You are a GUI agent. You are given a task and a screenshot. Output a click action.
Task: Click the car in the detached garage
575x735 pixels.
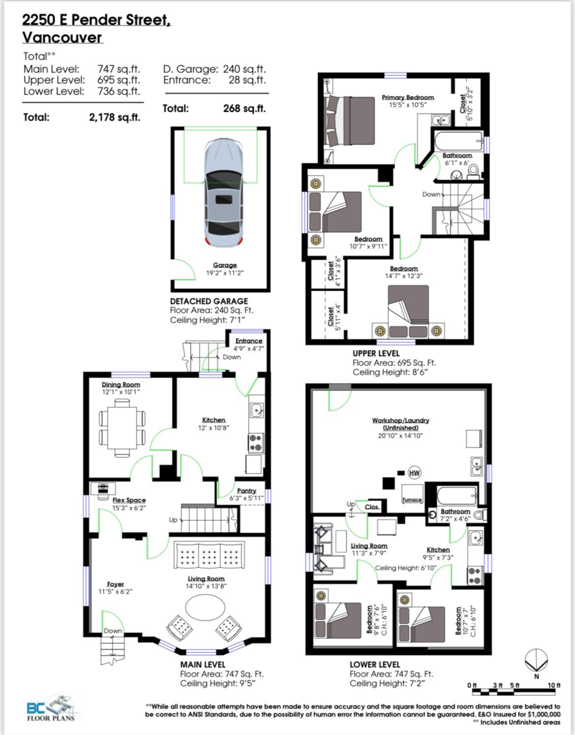pyautogui.click(x=224, y=193)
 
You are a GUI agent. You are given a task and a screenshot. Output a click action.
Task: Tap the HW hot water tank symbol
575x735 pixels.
pyautogui.click(x=414, y=472)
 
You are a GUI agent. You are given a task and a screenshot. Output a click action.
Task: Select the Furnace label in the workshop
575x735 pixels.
pyautogui.click(x=412, y=500)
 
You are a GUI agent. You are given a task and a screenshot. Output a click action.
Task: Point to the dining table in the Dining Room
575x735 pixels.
pyautogui.click(x=122, y=428)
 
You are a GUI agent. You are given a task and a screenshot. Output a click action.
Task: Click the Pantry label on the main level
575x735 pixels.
pyautogui.click(x=247, y=491)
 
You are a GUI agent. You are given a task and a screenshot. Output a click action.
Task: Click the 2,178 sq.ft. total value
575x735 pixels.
pyautogui.click(x=115, y=118)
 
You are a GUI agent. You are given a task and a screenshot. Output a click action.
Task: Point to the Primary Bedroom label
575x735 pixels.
pyautogui.click(x=408, y=97)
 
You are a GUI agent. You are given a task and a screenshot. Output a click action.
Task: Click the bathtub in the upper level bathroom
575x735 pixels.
pyautogui.click(x=459, y=142)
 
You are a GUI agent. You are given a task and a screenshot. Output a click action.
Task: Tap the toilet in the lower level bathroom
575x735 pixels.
pyautogui.click(x=480, y=515)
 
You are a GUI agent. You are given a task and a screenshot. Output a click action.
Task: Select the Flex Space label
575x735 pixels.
pyautogui.click(x=129, y=500)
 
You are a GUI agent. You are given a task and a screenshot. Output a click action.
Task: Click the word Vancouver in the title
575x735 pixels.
pyautogui.click(x=62, y=37)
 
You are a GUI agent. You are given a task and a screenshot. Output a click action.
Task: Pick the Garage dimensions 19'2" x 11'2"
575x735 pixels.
pyautogui.click(x=225, y=273)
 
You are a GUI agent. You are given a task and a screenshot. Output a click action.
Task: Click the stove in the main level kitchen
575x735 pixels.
pyautogui.click(x=256, y=443)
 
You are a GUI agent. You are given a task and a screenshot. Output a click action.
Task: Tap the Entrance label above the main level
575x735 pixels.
pyautogui.click(x=249, y=341)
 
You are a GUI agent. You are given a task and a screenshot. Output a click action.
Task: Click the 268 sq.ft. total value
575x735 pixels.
pyautogui.click(x=244, y=108)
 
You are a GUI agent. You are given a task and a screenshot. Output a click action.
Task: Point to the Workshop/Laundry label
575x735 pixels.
pyautogui.click(x=400, y=420)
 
